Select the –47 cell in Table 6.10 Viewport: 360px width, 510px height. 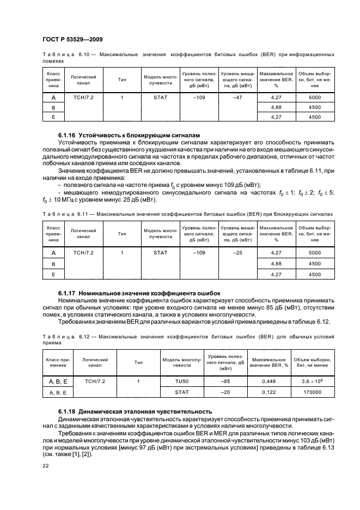(237, 98)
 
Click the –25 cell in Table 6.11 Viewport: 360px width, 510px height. (237, 253)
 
